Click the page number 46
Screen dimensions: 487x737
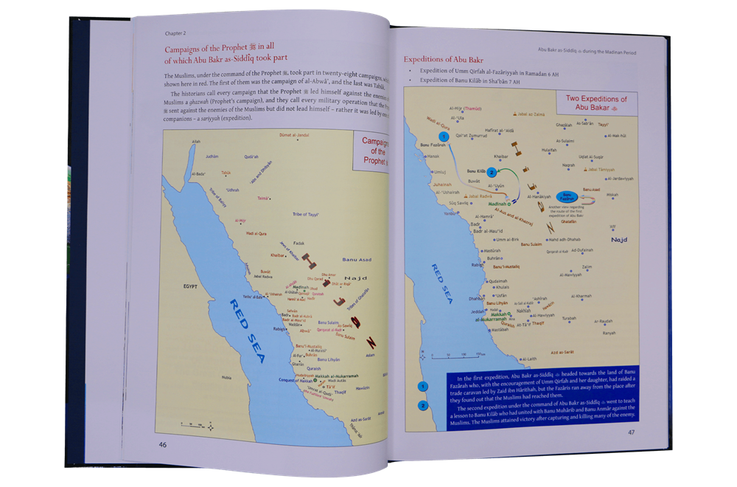pos(162,444)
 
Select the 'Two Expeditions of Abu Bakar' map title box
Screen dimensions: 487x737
pos(595,103)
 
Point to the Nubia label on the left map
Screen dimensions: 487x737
pos(206,378)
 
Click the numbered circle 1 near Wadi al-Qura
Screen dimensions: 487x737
pos(444,137)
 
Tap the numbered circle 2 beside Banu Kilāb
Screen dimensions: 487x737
pos(492,172)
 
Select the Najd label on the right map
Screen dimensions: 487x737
pos(619,240)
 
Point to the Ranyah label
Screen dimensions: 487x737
pos(609,333)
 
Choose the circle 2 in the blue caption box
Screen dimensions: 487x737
pos(423,405)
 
